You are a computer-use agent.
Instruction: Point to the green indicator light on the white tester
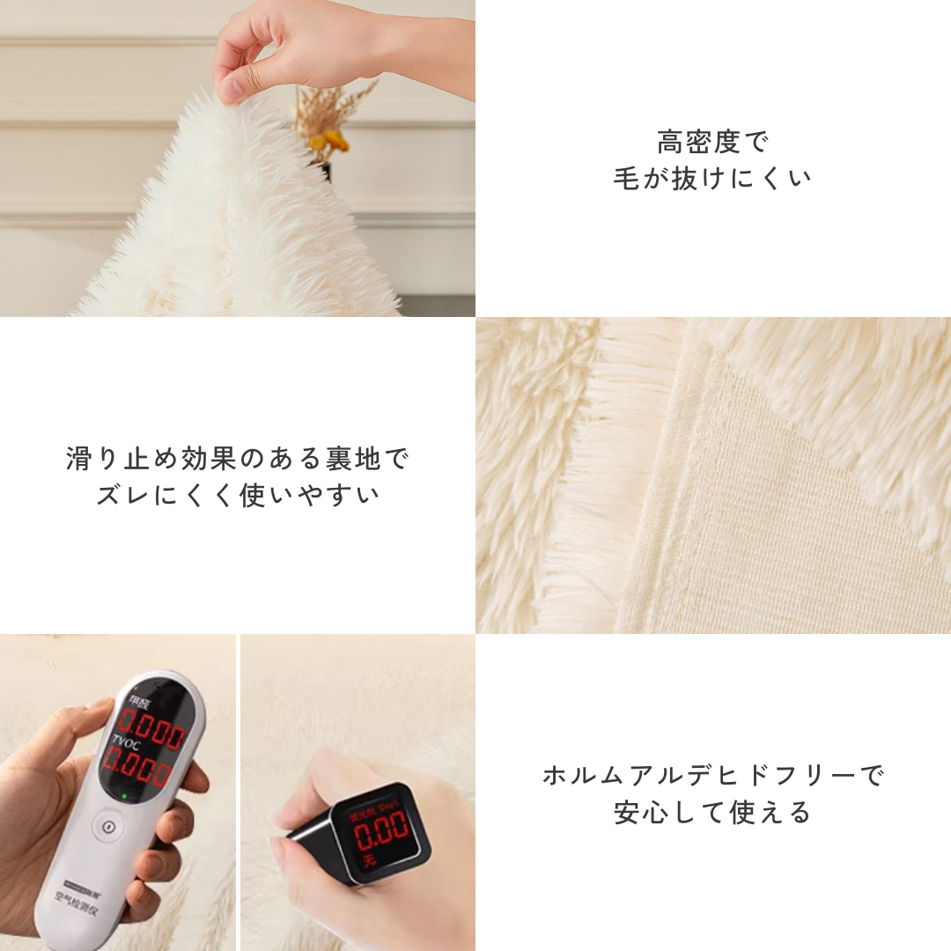(125, 797)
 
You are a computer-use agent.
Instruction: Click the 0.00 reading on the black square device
(380, 828)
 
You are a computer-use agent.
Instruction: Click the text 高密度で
(712, 142)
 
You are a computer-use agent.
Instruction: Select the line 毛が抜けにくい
(712, 178)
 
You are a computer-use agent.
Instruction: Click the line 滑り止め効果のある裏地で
(238, 459)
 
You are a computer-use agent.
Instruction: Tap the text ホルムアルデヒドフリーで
(712, 776)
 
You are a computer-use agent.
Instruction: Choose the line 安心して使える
(712, 812)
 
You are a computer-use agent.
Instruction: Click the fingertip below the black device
(280, 852)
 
